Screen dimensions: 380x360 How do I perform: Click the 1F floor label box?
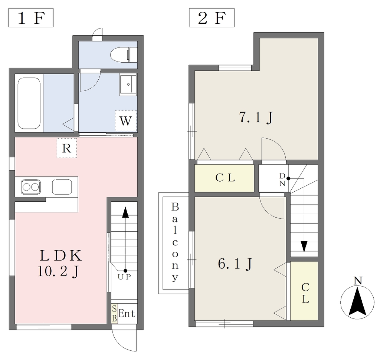(31, 18)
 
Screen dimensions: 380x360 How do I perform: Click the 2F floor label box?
(212, 18)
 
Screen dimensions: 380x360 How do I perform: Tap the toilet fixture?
(124, 55)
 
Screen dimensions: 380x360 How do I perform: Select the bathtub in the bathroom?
(29, 103)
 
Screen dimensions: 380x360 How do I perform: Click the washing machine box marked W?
(126, 121)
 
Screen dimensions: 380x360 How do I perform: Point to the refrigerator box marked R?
(67, 148)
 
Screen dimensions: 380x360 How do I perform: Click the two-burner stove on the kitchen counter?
(30, 187)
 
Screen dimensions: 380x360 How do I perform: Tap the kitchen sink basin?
(62, 187)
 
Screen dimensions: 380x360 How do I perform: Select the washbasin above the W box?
(128, 85)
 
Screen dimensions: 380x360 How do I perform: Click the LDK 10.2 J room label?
(60, 263)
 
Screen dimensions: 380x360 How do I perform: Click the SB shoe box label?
(114, 314)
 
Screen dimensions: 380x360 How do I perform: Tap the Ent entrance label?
(127, 314)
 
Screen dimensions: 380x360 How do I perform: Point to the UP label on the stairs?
(124, 277)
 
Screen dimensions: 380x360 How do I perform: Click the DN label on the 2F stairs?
(282, 180)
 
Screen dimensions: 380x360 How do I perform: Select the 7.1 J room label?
(256, 118)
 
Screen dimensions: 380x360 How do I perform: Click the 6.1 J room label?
(235, 264)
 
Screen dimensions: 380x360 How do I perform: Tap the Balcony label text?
(175, 242)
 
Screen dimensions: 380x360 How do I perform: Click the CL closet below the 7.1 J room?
(225, 178)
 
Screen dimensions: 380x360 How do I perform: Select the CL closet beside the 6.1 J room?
(304, 291)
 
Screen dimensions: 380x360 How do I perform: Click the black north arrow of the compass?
(357, 301)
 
